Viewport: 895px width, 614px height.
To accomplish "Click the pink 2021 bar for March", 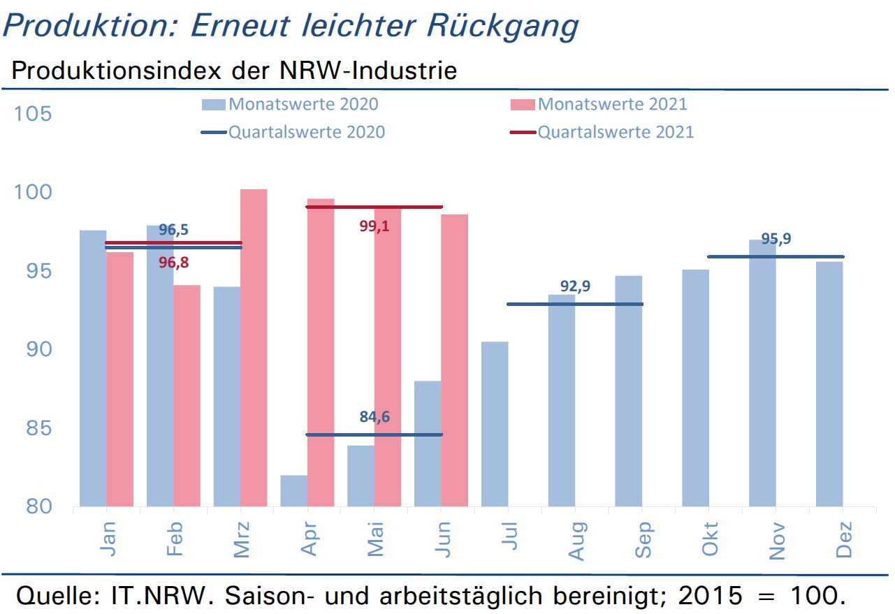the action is point(254,348).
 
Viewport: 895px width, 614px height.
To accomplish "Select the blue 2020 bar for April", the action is point(294,490).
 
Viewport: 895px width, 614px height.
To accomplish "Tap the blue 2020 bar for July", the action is point(495,424).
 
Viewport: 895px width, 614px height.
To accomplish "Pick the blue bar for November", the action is point(762,373).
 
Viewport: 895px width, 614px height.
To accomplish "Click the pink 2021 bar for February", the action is point(187,395).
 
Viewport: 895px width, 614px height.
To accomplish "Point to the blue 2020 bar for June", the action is point(428,444).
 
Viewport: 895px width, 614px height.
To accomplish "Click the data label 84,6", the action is point(374,416).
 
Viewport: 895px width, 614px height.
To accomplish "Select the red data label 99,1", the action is point(374,226).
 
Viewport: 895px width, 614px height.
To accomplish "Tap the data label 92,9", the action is point(575,286).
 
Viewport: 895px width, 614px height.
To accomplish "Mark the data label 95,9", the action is point(776,238).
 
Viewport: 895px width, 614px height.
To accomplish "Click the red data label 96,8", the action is point(173,263).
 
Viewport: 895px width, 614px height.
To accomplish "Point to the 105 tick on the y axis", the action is point(33,114).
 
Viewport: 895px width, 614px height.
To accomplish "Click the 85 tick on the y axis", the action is point(38,428).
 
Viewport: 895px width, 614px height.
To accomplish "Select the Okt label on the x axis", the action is point(710,539).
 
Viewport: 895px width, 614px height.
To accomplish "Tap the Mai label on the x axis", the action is point(376,539).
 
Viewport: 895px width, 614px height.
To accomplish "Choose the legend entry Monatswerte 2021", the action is point(599,104).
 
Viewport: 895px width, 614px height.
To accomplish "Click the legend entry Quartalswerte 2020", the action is point(293,132).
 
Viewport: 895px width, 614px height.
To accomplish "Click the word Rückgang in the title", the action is point(502,27).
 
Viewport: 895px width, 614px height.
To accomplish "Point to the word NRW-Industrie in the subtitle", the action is point(368,71).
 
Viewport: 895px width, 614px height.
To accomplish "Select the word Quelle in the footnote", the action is point(59,597).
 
